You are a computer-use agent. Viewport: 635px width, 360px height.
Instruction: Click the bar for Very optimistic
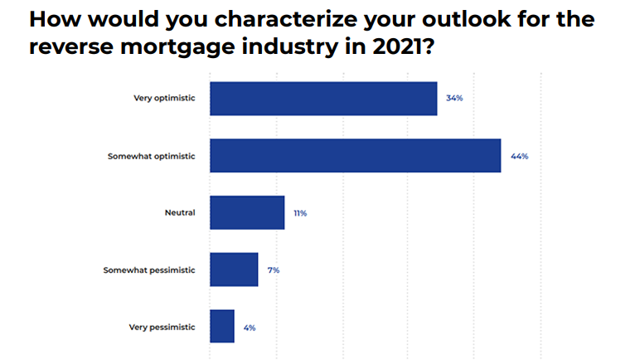point(323,98)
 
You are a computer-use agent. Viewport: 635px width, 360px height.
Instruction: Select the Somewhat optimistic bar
point(355,155)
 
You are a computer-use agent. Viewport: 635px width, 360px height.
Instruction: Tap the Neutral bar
point(247,212)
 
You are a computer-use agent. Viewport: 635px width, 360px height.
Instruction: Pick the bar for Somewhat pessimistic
point(234,270)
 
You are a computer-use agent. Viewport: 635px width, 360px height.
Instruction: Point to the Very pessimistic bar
point(222,326)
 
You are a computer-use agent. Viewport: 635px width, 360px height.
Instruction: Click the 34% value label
point(453,98)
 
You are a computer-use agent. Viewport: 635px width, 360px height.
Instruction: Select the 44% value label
point(520,156)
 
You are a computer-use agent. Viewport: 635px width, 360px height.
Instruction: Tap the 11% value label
point(300,213)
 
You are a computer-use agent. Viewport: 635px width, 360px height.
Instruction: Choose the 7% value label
point(274,270)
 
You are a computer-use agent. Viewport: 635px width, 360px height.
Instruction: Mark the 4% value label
point(250,328)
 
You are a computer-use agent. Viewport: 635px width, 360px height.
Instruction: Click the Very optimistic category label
point(164,98)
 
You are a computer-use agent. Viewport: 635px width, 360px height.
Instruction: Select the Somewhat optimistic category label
point(152,155)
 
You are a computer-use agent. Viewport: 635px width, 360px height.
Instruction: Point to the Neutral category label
point(180,212)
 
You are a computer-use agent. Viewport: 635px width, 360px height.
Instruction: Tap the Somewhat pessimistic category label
point(149,270)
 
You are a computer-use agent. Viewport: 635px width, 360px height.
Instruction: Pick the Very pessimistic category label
point(162,327)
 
